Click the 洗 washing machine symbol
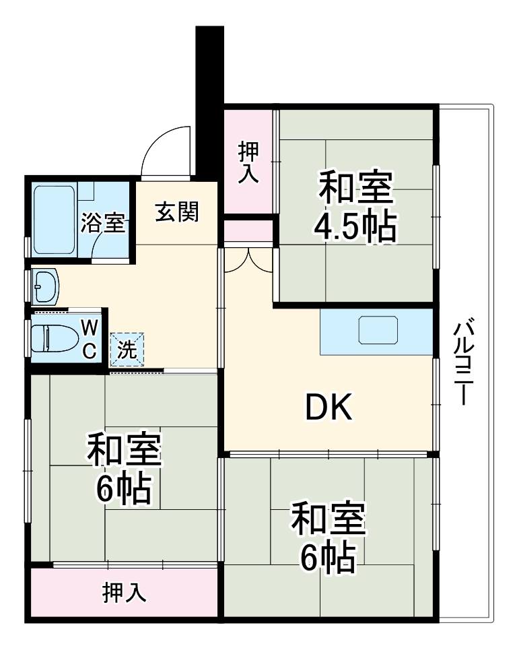tap(127, 350)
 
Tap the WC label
tap(90, 339)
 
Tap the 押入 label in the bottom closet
tap(124, 593)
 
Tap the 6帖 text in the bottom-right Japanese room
tap(327, 556)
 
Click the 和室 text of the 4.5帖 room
tap(355, 188)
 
